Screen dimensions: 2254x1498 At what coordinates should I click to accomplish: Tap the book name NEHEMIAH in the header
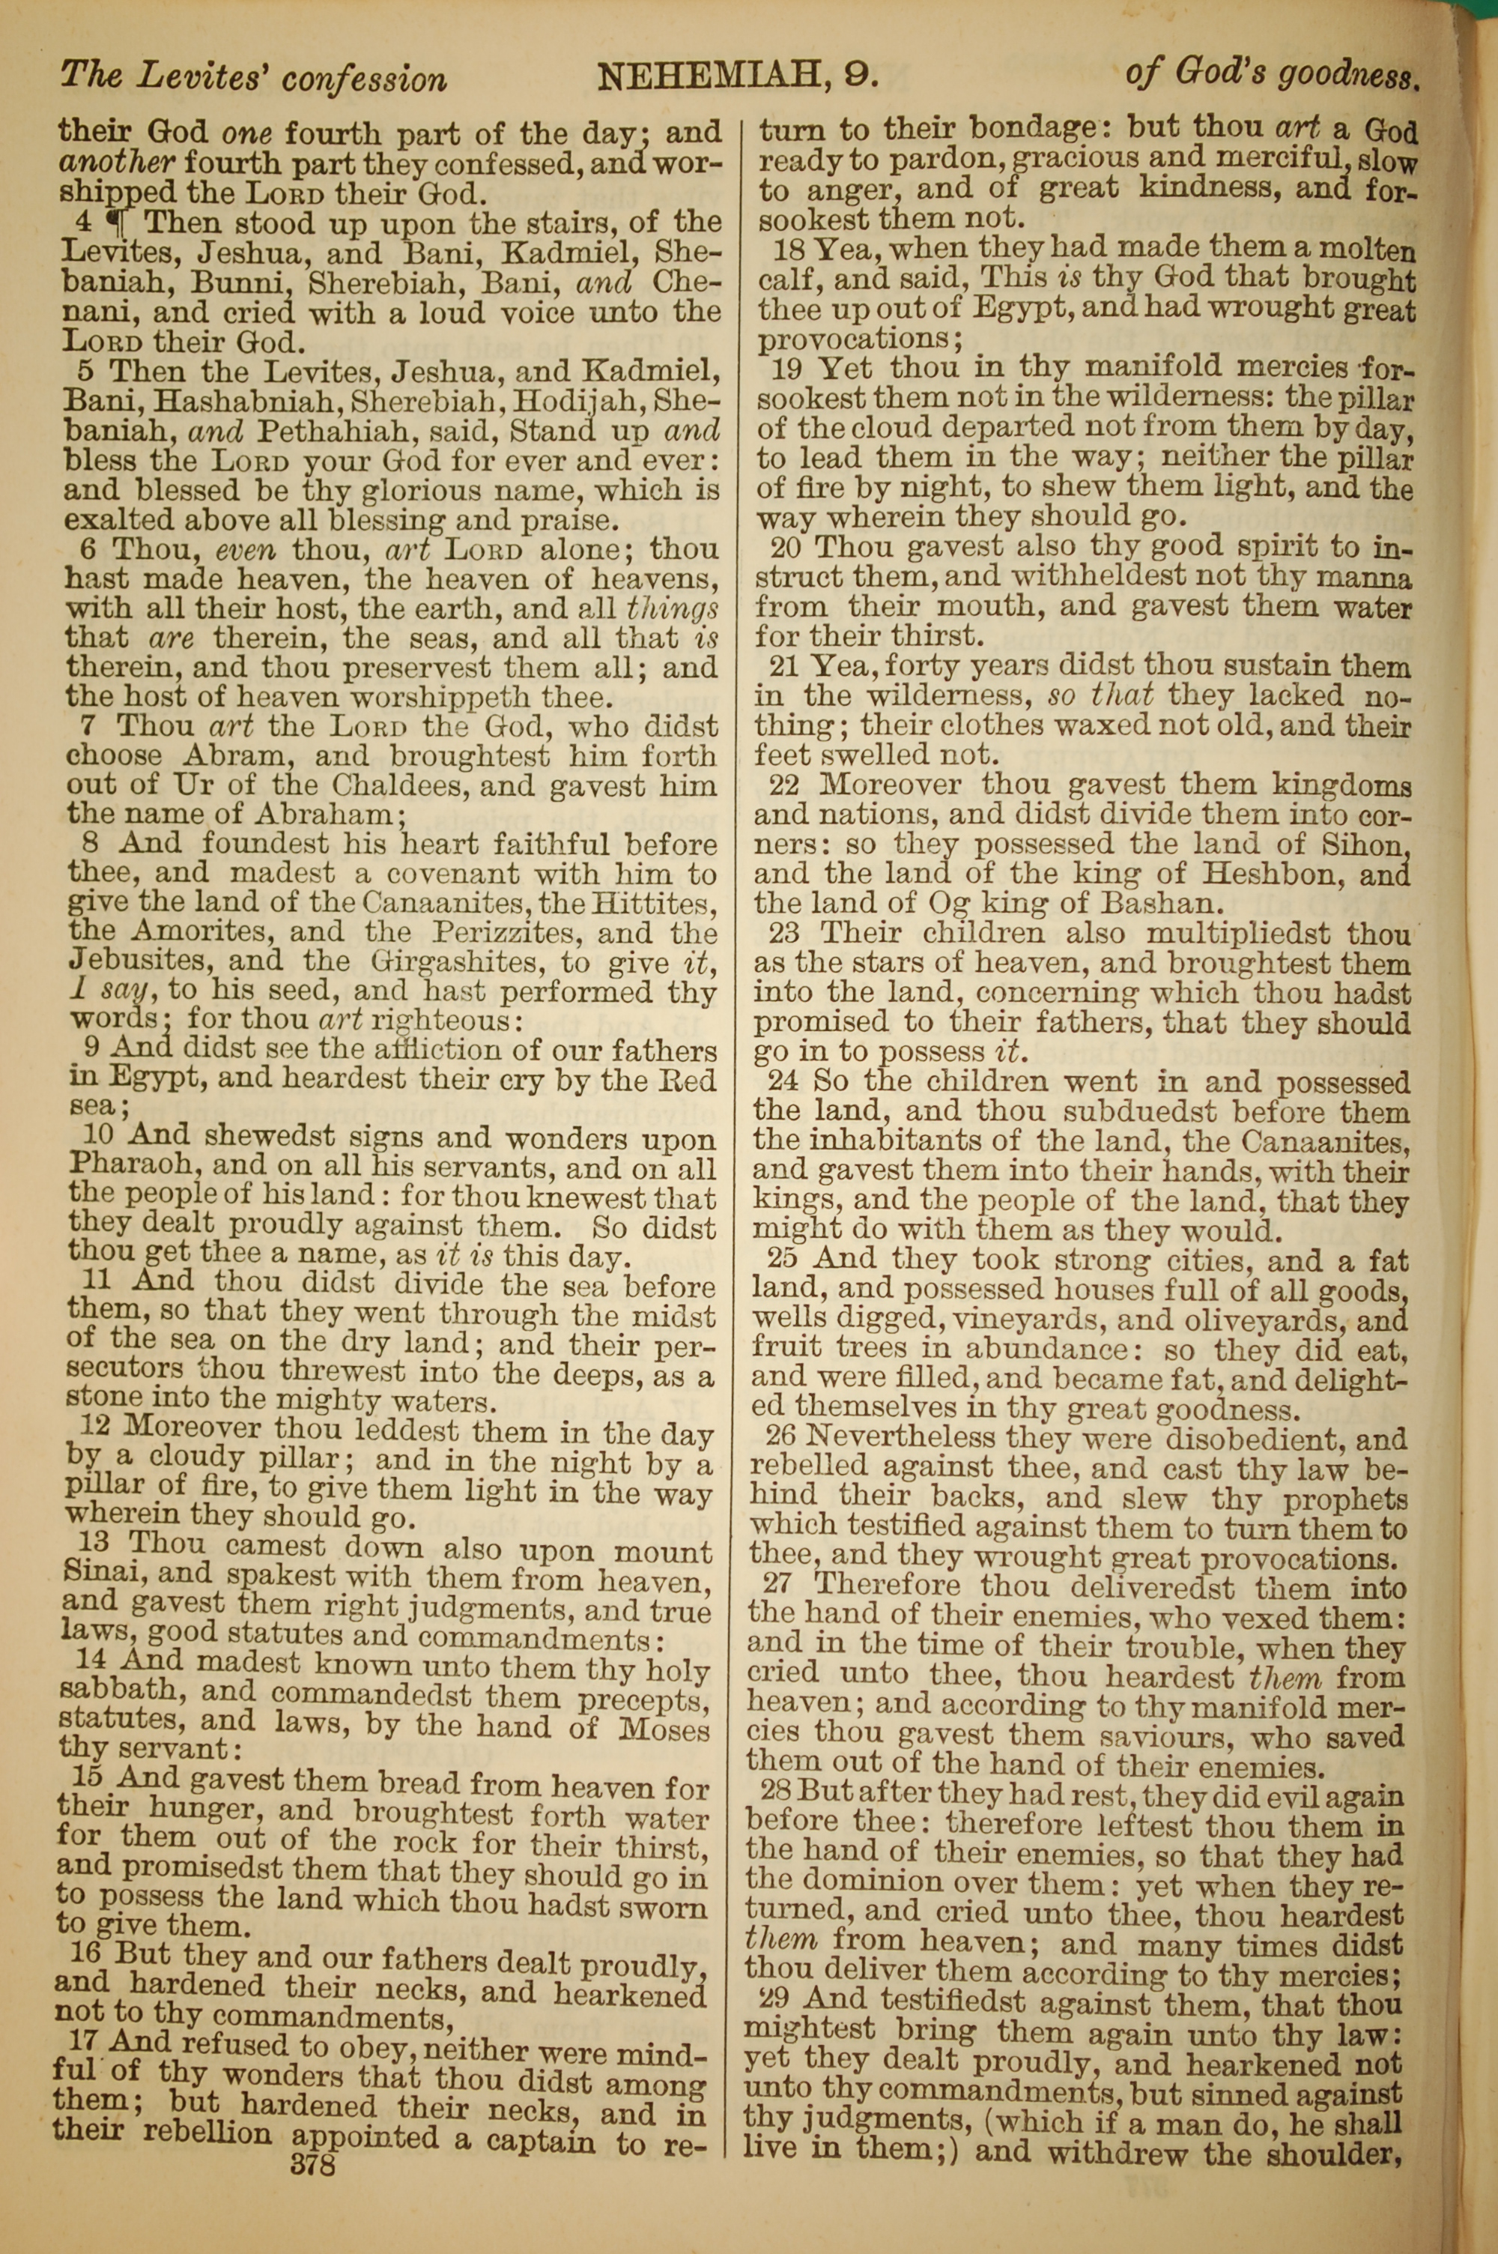[x=704, y=76]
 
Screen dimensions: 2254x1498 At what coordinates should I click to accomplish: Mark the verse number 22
[x=788, y=785]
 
